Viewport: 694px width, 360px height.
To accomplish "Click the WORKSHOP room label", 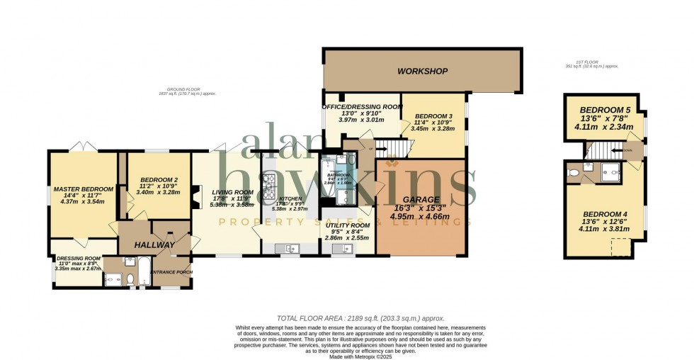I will (x=423, y=72).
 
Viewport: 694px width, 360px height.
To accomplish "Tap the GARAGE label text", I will (x=421, y=200).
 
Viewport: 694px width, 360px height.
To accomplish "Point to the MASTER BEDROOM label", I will (x=83, y=189).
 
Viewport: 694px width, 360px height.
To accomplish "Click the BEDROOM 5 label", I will (x=603, y=110).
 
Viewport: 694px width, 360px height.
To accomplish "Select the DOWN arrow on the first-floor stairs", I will (x=626, y=150).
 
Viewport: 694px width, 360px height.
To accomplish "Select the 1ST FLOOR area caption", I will (x=592, y=64).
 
